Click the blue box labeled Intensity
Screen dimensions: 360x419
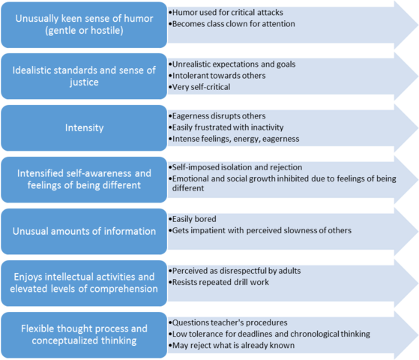click(x=82, y=128)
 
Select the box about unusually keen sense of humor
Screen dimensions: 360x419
click(x=82, y=25)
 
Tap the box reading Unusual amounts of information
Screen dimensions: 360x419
click(x=82, y=231)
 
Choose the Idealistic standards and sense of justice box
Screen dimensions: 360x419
click(x=82, y=77)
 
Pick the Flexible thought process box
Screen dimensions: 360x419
click(x=82, y=334)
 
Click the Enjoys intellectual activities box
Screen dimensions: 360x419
click(x=82, y=282)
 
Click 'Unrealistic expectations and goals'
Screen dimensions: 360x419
click(x=234, y=64)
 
